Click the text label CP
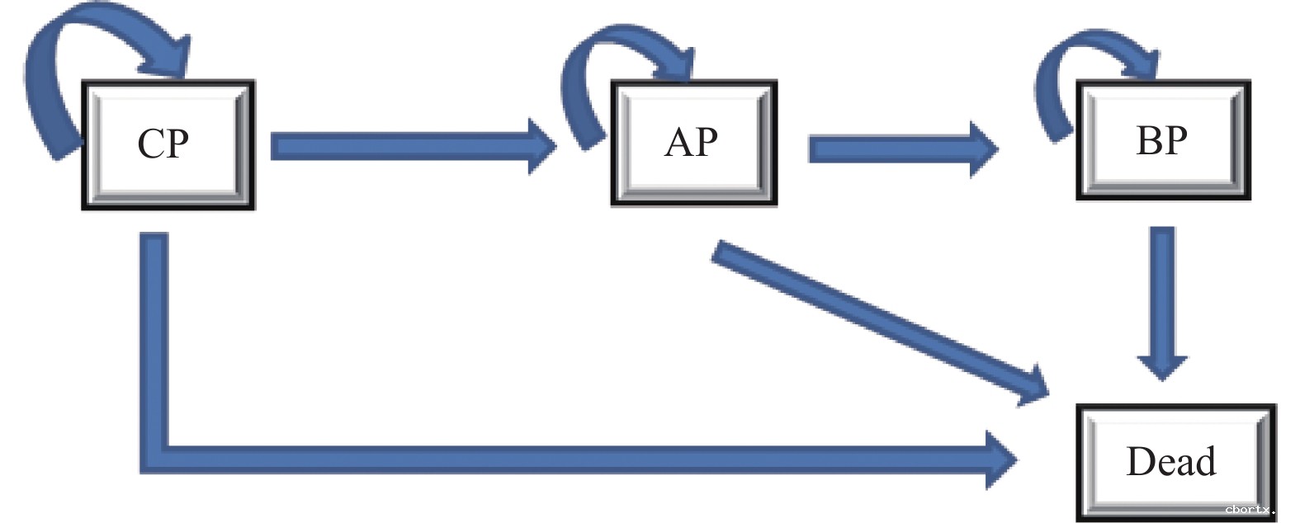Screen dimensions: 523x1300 (163, 144)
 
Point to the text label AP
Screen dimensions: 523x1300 (691, 142)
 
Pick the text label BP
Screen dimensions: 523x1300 (1161, 140)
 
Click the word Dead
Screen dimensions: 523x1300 (1170, 461)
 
